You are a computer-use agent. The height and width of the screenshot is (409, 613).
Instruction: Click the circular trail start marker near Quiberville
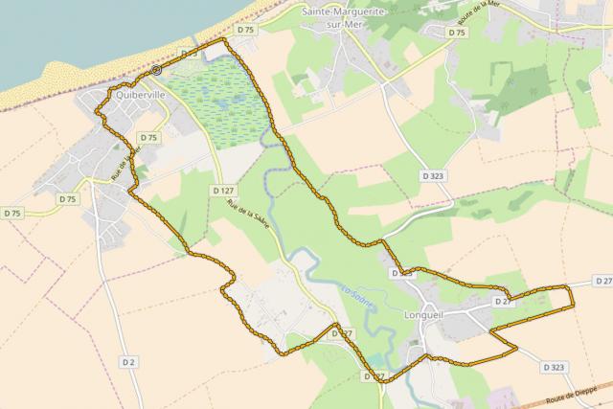156,70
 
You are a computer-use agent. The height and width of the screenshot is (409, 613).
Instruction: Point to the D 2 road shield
128,361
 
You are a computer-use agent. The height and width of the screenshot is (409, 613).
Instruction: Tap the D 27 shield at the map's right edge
602,281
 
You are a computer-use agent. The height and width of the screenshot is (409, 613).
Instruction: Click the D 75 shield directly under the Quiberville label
148,138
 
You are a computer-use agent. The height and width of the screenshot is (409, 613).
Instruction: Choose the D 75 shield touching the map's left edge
11,213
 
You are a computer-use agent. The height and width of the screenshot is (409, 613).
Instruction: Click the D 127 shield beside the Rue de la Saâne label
221,191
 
